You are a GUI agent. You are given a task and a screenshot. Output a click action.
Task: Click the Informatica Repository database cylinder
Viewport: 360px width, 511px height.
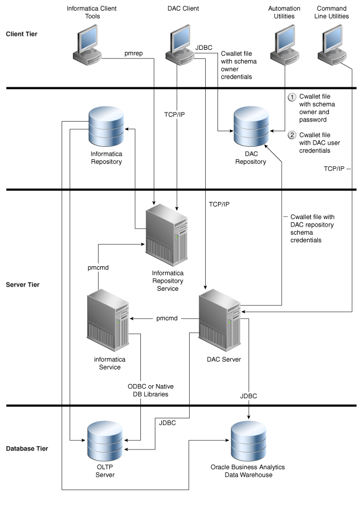[x=106, y=127]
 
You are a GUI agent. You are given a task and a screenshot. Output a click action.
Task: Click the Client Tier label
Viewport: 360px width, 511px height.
[x=21, y=34]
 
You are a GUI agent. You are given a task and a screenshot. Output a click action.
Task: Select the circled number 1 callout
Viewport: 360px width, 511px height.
[x=292, y=97]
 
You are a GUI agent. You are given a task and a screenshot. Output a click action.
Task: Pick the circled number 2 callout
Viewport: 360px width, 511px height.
[x=292, y=135]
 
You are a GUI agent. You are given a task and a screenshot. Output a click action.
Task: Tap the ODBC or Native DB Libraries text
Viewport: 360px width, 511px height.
[x=150, y=390]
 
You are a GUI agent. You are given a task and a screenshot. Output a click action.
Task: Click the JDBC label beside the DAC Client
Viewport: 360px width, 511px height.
[x=204, y=47]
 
